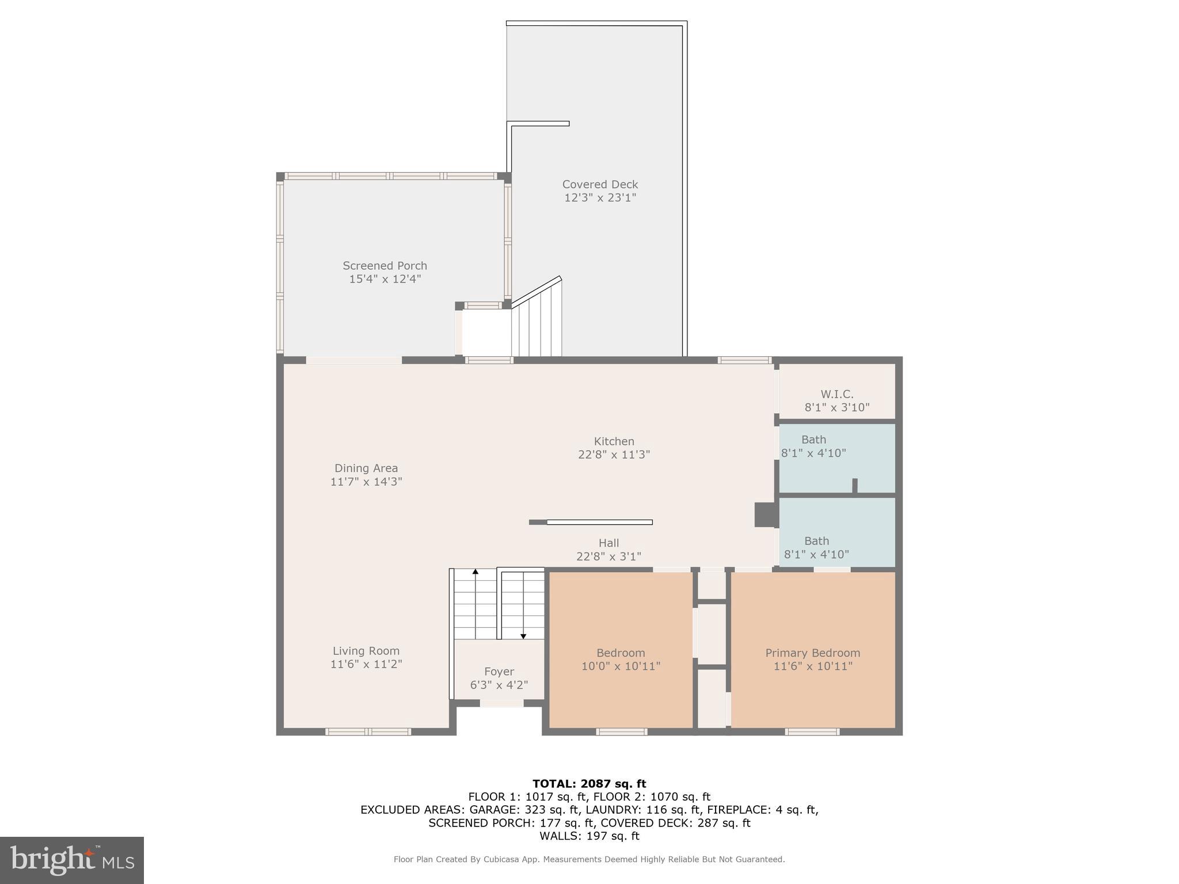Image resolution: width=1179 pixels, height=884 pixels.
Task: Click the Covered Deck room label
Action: coord(600,184)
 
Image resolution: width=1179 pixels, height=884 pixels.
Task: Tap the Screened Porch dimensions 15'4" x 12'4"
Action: coord(385,279)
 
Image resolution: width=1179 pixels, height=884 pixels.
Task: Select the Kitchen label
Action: coord(614,441)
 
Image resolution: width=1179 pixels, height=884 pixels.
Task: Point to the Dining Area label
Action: coord(366,468)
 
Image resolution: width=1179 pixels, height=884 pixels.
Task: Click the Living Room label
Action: coord(366,651)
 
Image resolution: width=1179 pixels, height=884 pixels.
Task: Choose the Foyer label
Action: coord(499,672)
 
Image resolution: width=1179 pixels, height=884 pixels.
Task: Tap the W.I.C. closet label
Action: coord(837,394)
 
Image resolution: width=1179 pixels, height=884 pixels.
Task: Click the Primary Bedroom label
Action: coord(812,653)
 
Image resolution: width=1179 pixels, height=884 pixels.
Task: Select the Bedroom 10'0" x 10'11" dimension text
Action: coord(621,666)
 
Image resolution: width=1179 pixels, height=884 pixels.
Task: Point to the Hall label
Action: coord(608,543)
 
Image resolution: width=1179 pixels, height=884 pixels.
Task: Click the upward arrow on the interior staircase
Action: coord(476,572)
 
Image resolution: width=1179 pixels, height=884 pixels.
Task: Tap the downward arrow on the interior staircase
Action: coord(523,635)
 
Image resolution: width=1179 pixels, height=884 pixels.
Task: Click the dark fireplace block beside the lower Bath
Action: coord(766,515)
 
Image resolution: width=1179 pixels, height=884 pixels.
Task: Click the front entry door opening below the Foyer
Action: coord(501,703)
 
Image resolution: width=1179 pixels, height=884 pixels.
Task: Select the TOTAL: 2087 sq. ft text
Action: coord(589,783)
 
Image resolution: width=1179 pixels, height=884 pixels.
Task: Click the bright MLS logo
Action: coord(72,860)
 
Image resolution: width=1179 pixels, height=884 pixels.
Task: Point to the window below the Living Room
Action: coord(368,732)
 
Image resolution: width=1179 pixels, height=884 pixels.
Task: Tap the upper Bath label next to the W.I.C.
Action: coord(813,440)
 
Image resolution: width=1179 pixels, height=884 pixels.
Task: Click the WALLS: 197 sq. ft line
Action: coord(589,836)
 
